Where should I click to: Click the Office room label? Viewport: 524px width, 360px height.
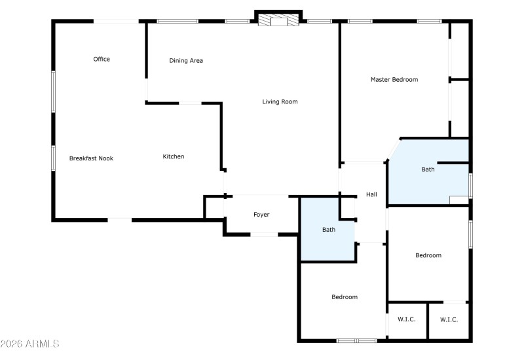tap(102, 60)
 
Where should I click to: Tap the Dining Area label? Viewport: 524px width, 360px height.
tap(186, 61)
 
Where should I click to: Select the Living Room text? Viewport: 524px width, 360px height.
tap(280, 101)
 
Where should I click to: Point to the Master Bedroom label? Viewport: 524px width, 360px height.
tap(394, 80)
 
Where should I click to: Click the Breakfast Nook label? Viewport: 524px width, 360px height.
tap(91, 158)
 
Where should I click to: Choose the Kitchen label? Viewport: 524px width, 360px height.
tap(174, 156)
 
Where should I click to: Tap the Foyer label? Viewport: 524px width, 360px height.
tap(261, 215)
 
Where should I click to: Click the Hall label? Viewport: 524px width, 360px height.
tap(371, 194)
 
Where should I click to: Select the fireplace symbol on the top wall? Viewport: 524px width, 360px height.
tap(278, 20)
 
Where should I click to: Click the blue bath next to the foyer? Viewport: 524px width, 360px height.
tap(328, 230)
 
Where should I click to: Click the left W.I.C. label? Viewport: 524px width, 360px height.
tap(407, 319)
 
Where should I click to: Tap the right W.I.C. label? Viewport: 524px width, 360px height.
tap(449, 319)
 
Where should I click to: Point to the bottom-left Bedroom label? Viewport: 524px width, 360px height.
tap(345, 297)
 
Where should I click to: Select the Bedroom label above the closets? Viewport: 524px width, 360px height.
tap(428, 255)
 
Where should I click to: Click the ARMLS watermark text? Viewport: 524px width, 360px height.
tap(31, 344)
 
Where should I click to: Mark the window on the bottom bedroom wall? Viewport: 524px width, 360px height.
tap(356, 340)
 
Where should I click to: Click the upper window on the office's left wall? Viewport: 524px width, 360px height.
tap(53, 91)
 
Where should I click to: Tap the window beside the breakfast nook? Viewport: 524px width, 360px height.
tap(53, 158)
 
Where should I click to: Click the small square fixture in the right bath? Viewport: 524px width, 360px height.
tap(458, 200)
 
